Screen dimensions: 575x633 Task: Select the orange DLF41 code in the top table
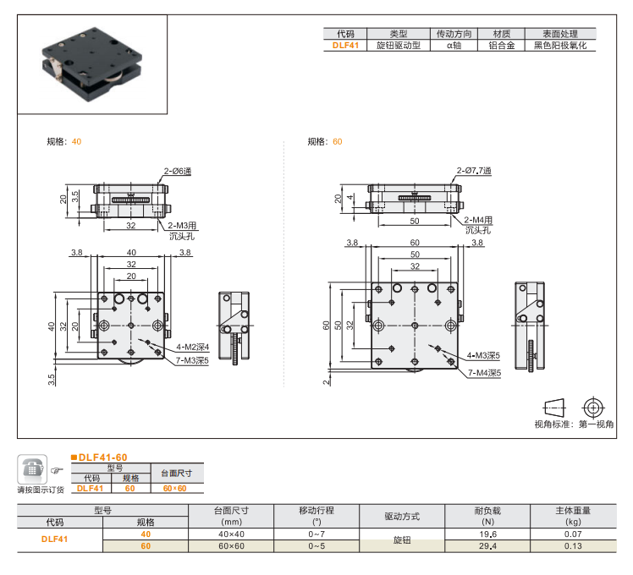pos(344,46)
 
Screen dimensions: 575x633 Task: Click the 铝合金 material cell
pos(501,46)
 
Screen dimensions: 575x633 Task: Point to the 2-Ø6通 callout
pos(178,172)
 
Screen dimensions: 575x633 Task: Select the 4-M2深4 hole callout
pos(192,347)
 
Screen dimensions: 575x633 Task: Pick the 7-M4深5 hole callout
pos(483,371)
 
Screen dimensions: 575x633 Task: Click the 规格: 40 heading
pos(64,141)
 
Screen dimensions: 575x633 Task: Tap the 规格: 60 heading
pos(325,141)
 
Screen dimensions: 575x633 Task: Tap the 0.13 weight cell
pos(573,546)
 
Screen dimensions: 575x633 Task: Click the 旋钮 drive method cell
pos(401,540)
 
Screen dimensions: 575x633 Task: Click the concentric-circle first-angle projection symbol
pos(594,407)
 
